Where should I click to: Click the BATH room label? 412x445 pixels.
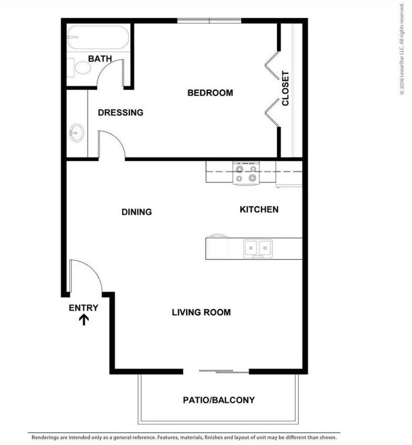100,59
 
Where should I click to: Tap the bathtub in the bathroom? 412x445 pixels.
98,37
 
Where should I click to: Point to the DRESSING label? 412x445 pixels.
120,112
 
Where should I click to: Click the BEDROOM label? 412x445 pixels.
210,93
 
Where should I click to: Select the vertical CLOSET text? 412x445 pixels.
286,89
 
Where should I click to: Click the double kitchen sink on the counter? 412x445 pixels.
257,247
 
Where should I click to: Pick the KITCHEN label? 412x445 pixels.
259,209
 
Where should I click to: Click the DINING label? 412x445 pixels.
136,212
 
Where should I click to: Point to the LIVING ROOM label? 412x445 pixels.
201,312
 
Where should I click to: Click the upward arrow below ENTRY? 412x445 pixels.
83,320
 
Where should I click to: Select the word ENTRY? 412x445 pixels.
83,308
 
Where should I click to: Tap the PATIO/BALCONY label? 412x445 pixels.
218,400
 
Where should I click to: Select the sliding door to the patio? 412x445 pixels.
224,372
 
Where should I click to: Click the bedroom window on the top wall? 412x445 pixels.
209,21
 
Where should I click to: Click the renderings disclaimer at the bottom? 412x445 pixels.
184,437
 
